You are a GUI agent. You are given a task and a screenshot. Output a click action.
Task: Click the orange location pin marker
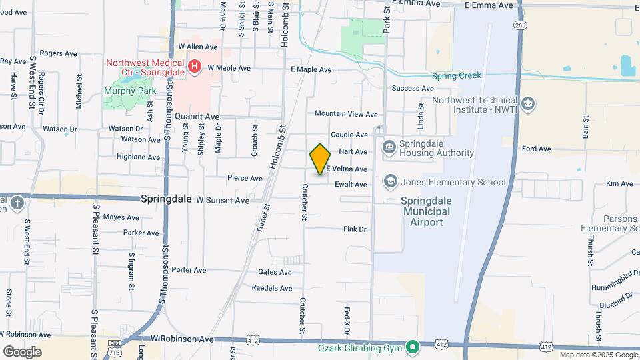coord(320,159)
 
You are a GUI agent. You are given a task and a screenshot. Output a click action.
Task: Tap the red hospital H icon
coord(194,67)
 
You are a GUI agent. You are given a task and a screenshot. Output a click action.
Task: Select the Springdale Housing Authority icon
coord(389,147)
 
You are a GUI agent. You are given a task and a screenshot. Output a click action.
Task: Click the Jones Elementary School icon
coord(389,181)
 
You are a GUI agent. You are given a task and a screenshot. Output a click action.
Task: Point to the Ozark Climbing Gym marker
coord(413,346)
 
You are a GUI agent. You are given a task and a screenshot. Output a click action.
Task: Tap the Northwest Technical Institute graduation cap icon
coord(528,104)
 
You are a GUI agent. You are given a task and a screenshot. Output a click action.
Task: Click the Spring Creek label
coord(456,75)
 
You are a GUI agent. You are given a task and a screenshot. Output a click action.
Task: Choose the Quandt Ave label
coord(197,116)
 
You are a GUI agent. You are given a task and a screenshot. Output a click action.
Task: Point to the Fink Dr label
coord(355,229)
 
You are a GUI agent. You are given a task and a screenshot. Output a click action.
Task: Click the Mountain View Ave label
coord(346,115)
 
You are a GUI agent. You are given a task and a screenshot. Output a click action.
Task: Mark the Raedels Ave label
coord(272,288)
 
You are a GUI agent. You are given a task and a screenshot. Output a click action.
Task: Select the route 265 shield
coord(520,25)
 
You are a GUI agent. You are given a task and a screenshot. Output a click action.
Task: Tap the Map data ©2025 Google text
coord(598,355)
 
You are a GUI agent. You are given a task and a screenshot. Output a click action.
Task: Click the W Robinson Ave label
coord(182,339)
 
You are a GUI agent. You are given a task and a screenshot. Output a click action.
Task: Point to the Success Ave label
coord(413,88)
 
